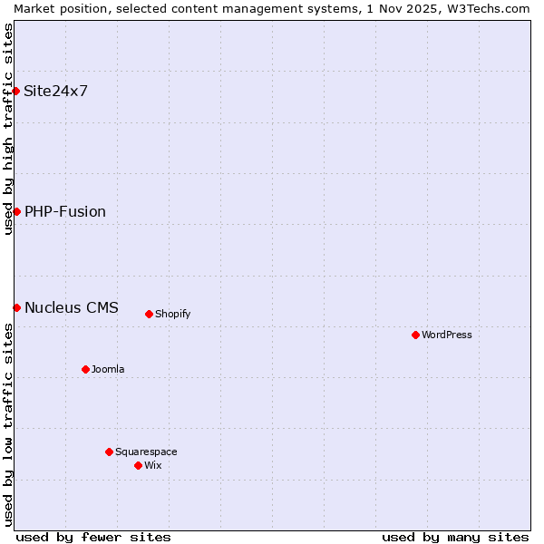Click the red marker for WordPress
click(x=415, y=335)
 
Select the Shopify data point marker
click(x=149, y=314)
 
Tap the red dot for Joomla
click(x=85, y=369)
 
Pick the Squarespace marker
click(x=109, y=452)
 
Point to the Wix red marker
click(x=138, y=465)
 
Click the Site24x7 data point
click(x=16, y=91)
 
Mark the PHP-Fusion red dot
click(x=16, y=211)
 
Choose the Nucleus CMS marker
click(x=16, y=307)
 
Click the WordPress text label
click(x=447, y=335)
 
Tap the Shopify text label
click(x=172, y=314)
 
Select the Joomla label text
click(x=108, y=369)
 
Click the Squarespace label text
click(x=146, y=452)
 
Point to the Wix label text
click(x=152, y=465)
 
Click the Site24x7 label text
click(x=56, y=91)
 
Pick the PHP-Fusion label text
click(x=65, y=211)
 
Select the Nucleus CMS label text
click(x=72, y=307)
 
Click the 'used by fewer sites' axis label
click(x=93, y=537)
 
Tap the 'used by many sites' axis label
click(x=455, y=537)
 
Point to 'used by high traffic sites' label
click(x=8, y=129)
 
